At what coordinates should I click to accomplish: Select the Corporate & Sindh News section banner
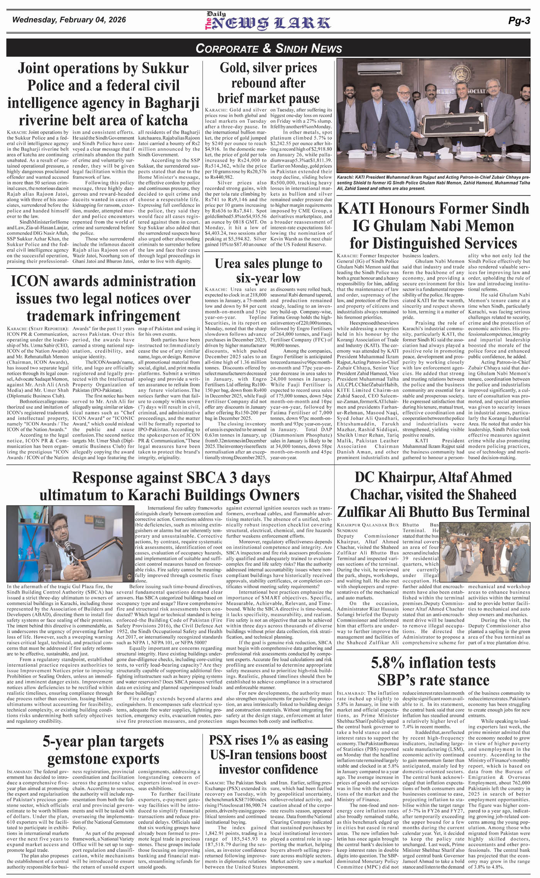click(x=269, y=48)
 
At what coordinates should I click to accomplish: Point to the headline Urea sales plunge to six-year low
click(x=268, y=271)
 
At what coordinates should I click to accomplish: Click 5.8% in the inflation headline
click(x=388, y=663)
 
